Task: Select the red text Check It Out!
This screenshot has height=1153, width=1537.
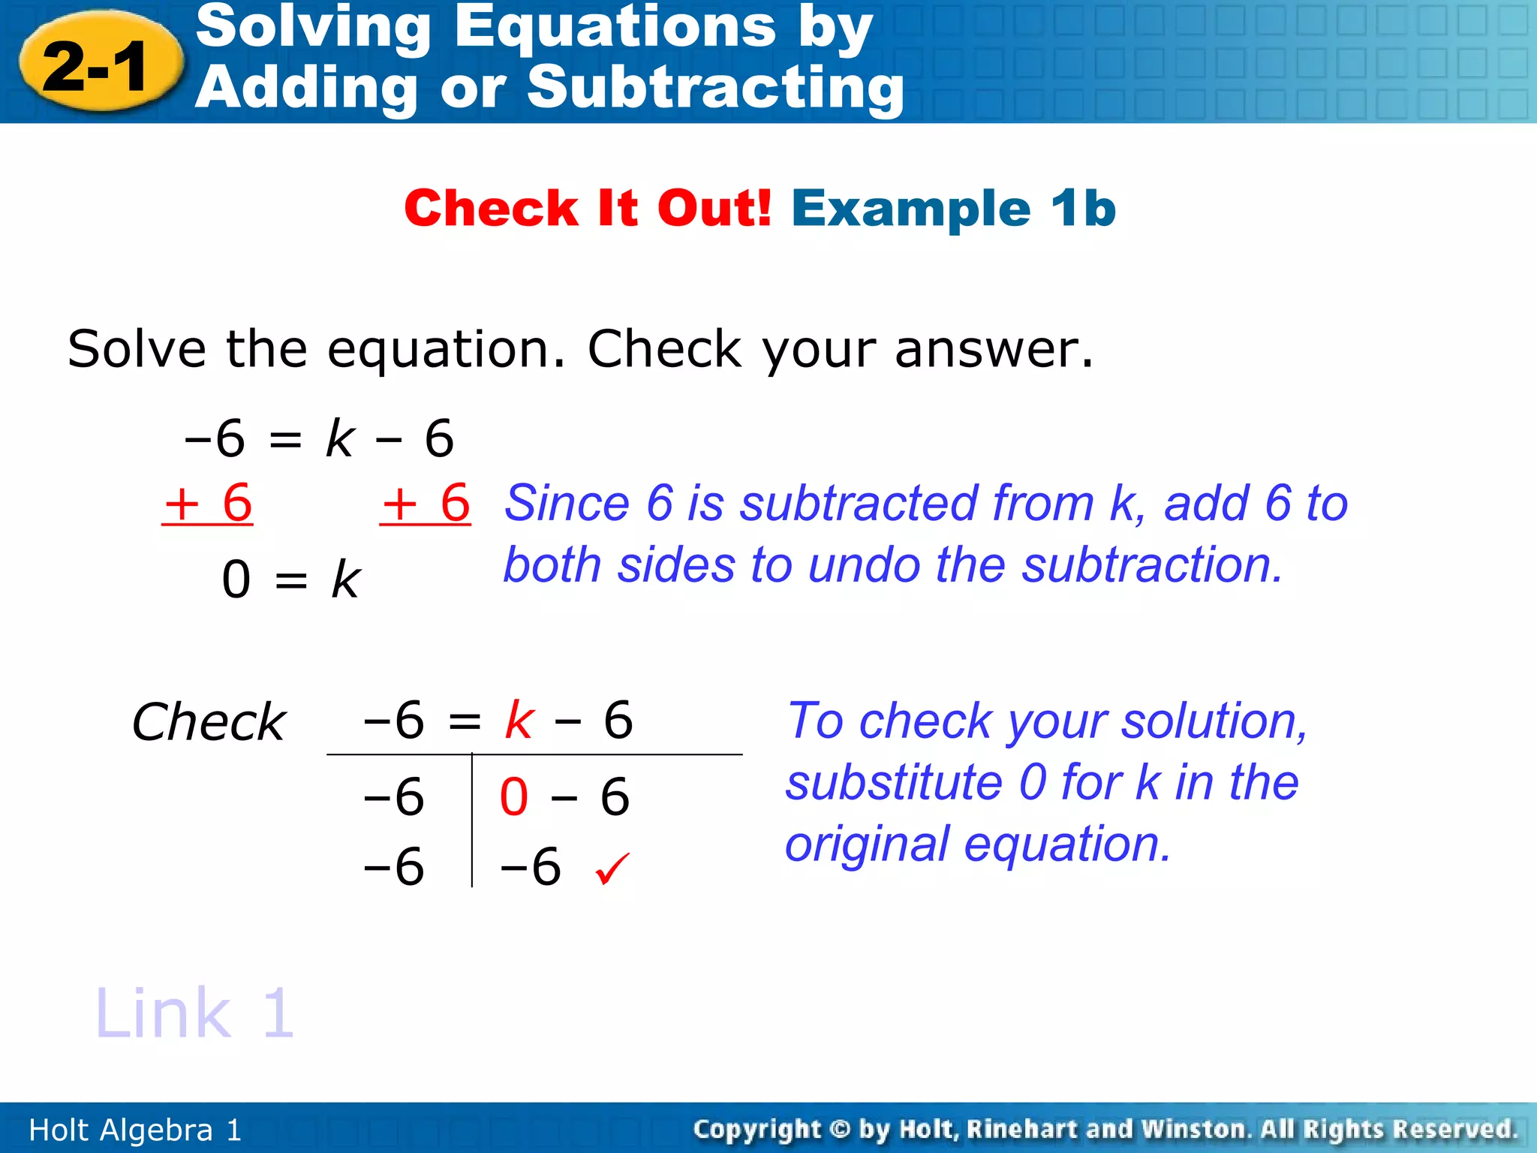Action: (x=588, y=208)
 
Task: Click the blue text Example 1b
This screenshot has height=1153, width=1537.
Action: (x=953, y=208)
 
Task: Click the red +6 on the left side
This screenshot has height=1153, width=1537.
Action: (x=208, y=503)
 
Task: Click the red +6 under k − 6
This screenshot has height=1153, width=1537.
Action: (x=426, y=503)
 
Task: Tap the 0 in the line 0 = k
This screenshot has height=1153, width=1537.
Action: (x=236, y=580)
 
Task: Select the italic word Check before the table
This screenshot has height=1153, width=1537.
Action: (x=209, y=722)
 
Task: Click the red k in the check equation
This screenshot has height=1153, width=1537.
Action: (x=519, y=720)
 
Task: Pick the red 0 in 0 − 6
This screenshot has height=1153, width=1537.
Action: (x=514, y=796)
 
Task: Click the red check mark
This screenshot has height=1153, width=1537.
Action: (x=612, y=869)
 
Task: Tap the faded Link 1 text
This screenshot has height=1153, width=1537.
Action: (x=194, y=1013)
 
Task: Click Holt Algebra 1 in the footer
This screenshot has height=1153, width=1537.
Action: (x=135, y=1130)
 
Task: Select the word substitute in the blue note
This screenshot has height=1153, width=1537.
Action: (x=894, y=782)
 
